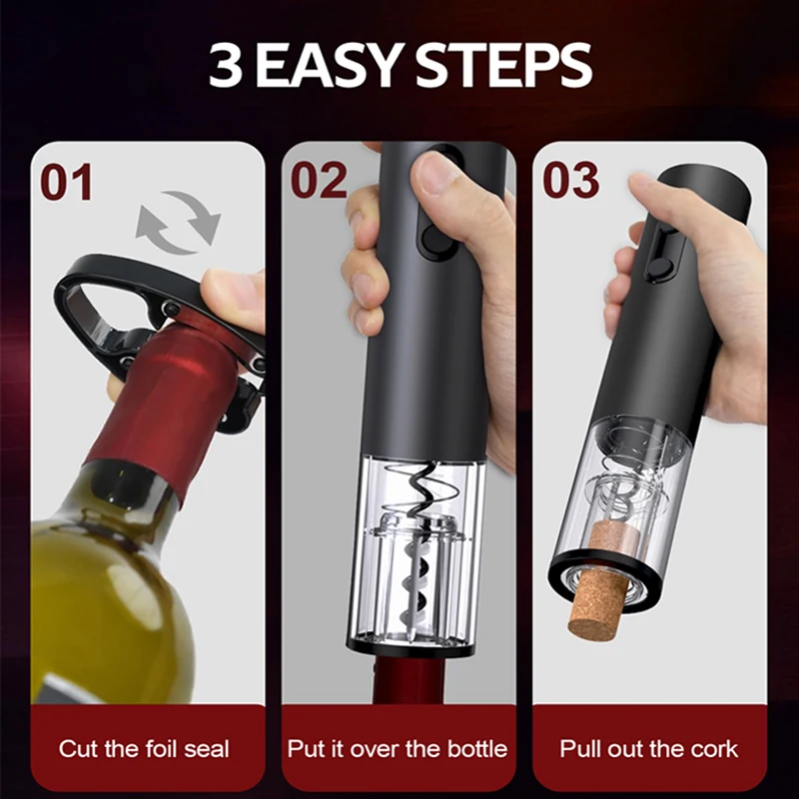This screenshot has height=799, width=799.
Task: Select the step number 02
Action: click(x=319, y=181)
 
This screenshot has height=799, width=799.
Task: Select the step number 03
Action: click(x=570, y=181)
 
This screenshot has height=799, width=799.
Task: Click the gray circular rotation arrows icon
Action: click(x=178, y=222)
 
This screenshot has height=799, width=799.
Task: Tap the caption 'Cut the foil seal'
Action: click(x=144, y=748)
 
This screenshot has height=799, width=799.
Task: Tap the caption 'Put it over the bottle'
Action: click(x=398, y=748)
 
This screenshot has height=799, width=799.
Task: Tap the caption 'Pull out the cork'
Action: click(x=650, y=748)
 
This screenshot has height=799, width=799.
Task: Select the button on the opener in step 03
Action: click(x=658, y=268)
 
